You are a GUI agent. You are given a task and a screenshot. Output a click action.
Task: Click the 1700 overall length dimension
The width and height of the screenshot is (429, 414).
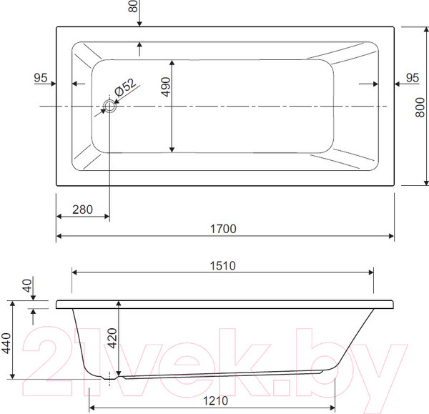coord(223,229)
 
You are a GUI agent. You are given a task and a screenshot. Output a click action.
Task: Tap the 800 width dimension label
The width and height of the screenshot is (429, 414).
coord(420,107)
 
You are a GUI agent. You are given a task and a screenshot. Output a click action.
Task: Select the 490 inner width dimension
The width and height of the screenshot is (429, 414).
coord(166,87)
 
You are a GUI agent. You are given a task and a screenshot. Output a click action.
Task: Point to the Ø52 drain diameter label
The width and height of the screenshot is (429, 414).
coord(125,87)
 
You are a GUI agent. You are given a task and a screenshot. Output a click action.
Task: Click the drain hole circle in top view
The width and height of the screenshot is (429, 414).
coord(109,106)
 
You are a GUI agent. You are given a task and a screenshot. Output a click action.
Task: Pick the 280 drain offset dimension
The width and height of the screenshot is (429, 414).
coord(82,210)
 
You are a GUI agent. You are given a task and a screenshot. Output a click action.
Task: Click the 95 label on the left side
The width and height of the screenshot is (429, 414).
coord(41,78)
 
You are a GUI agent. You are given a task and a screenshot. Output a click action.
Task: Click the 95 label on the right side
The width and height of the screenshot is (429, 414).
coord(413,78)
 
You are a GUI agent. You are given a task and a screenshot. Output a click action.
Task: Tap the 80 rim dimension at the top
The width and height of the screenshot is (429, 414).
coord(133,6)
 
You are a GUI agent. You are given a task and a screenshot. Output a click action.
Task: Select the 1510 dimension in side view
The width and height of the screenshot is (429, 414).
coord(222,266)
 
